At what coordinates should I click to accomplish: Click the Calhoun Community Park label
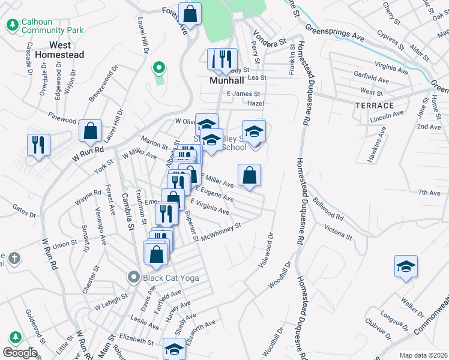pos(44,25)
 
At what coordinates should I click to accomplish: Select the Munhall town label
pos(226,80)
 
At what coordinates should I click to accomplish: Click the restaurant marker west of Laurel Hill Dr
pos(38,145)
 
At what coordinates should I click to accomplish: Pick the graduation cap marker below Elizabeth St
pos(174,349)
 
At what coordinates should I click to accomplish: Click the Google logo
pos(20,352)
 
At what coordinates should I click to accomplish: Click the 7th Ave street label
pos(429,193)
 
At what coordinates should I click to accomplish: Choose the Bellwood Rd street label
pos(327,208)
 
